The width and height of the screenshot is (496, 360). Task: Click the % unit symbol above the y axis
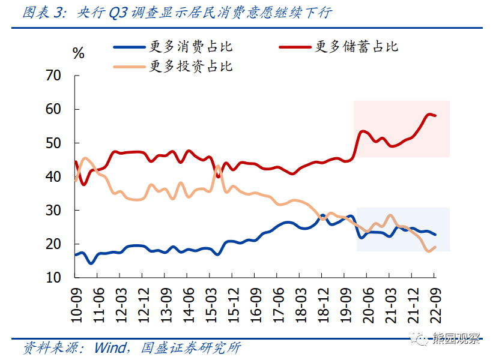[x=78, y=53]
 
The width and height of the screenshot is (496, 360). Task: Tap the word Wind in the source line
[x=110, y=347]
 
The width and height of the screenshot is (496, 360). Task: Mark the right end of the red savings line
[x=435, y=115]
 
